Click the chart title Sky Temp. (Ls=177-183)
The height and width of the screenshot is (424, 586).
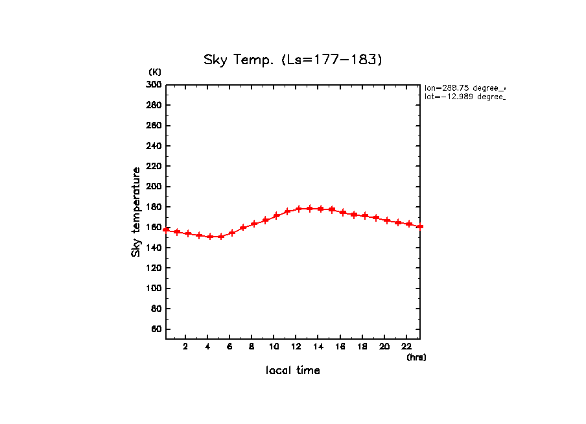pyautogui.click(x=293, y=60)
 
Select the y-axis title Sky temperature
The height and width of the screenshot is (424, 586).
pyautogui.click(x=136, y=212)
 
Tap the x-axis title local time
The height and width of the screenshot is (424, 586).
pyautogui.click(x=293, y=371)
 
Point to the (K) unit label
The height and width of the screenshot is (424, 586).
pyautogui.click(x=155, y=71)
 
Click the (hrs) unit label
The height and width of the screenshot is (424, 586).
pyautogui.click(x=416, y=357)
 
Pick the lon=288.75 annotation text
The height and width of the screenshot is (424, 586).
pyautogui.click(x=464, y=88)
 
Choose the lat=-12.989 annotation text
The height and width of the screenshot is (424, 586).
pyautogui.click(x=464, y=97)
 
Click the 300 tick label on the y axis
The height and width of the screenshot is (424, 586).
pyautogui.click(x=154, y=85)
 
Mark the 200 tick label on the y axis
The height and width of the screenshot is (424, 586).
pyautogui.click(x=154, y=187)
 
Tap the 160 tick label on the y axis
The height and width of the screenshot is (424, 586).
pyautogui.click(x=154, y=228)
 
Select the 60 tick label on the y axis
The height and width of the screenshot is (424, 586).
pyautogui.click(x=156, y=329)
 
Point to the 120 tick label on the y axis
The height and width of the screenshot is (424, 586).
pyautogui.click(x=154, y=268)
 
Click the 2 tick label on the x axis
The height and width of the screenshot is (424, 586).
pyautogui.click(x=185, y=346)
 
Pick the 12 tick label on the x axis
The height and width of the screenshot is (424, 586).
pyautogui.click(x=296, y=346)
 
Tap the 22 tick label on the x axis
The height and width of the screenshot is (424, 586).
pyautogui.click(x=406, y=346)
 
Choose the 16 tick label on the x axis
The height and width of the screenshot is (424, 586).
pyautogui.click(x=340, y=346)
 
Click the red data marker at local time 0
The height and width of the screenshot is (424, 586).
pyautogui.click(x=166, y=230)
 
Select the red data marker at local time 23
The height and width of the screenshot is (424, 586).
pyautogui.click(x=420, y=226)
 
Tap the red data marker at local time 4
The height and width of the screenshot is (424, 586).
pyautogui.click(x=210, y=237)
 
